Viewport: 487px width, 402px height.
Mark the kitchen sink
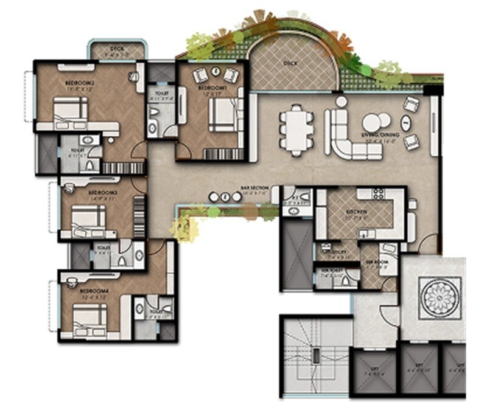[365, 233]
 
